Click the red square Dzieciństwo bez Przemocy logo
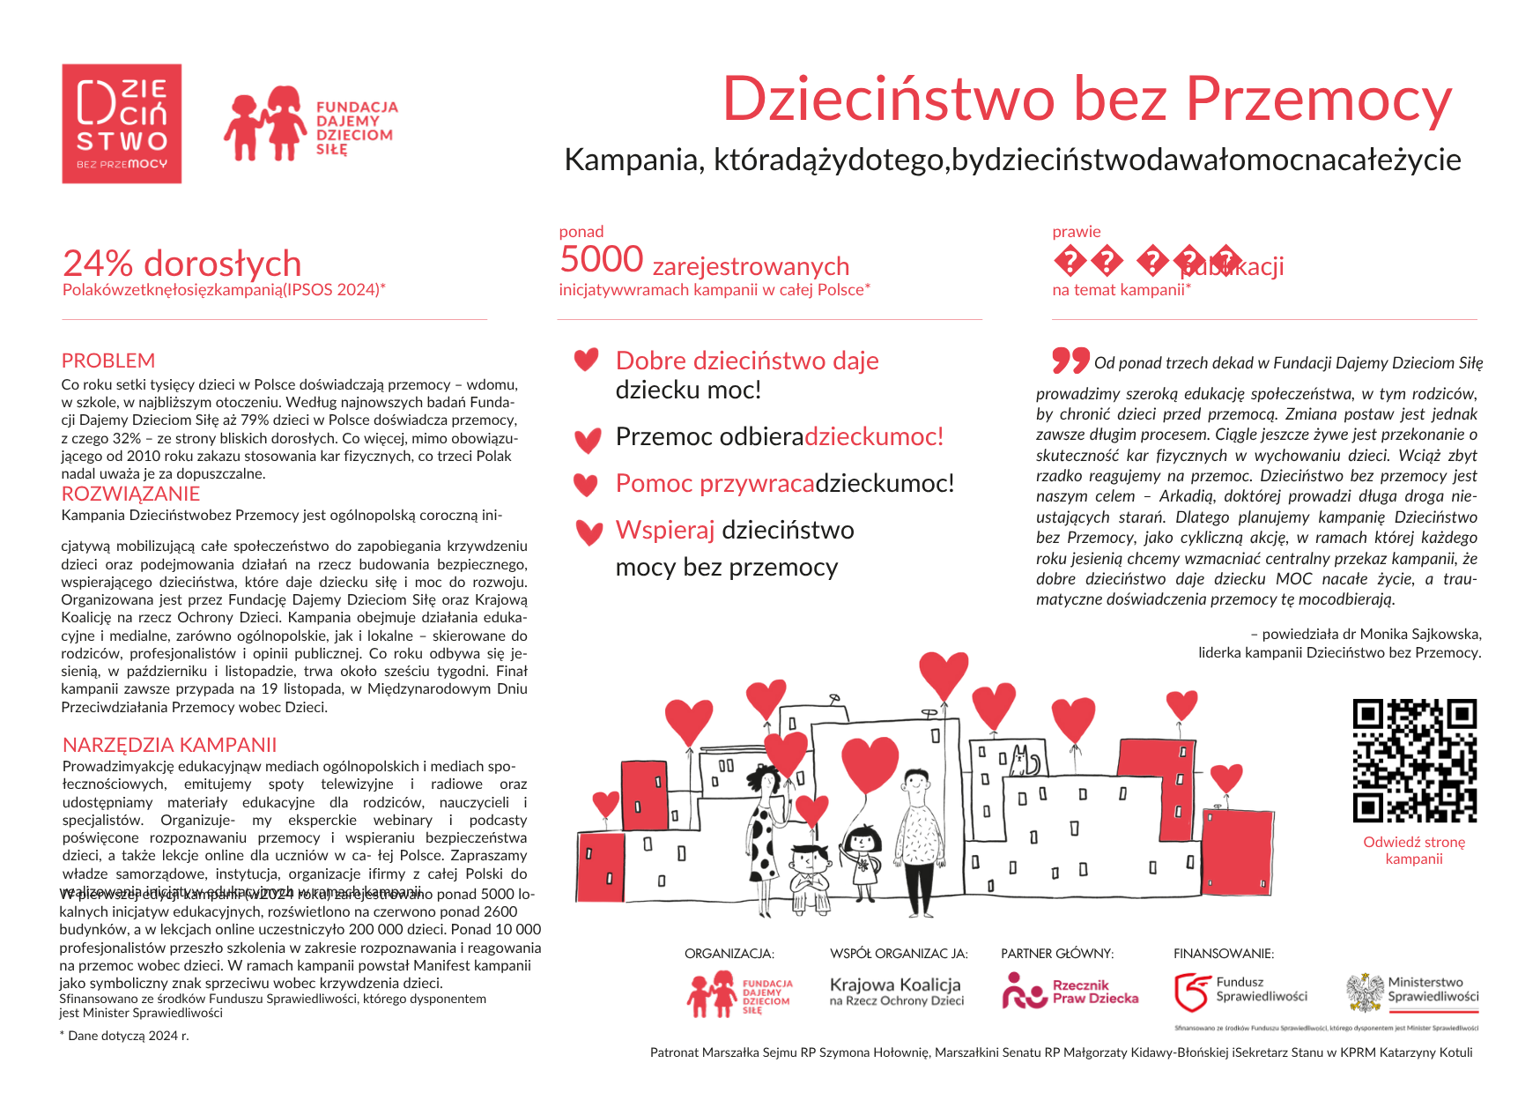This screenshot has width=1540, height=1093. click(x=122, y=123)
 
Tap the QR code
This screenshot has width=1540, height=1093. click(x=1414, y=760)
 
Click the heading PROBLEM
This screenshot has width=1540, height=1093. click(x=108, y=361)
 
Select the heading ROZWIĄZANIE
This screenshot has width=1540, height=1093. click(x=130, y=494)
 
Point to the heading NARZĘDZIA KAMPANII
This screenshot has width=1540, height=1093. click(x=169, y=745)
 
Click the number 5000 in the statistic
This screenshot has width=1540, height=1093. click(x=602, y=260)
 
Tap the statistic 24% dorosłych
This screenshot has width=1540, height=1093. click(x=182, y=264)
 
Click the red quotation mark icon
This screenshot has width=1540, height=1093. click(x=1070, y=360)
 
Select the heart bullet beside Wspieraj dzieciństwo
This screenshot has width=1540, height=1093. click(x=588, y=532)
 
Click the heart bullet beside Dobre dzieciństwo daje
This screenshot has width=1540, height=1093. click(x=586, y=360)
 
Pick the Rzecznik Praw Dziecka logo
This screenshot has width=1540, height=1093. click(x=1070, y=992)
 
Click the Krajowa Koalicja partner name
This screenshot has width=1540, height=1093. click(x=895, y=985)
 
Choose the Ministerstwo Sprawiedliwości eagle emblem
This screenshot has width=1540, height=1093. click(x=1365, y=992)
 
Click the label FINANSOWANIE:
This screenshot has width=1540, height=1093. click(x=1223, y=954)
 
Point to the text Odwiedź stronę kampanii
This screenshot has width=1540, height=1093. click(x=1414, y=851)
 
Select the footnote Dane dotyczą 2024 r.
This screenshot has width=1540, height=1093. click(x=124, y=1036)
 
